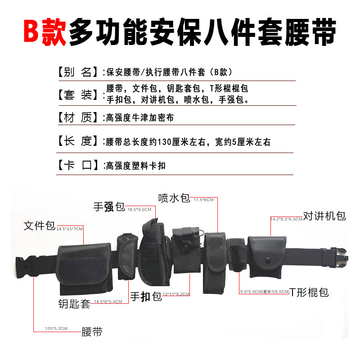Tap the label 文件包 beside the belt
40,226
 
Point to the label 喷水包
175,198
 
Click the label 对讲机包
324,216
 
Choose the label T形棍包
309,292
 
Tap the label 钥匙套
75,304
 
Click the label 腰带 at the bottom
92,332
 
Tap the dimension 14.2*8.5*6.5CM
286,219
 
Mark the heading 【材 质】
77,118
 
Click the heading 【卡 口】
77,165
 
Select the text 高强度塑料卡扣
136,166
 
